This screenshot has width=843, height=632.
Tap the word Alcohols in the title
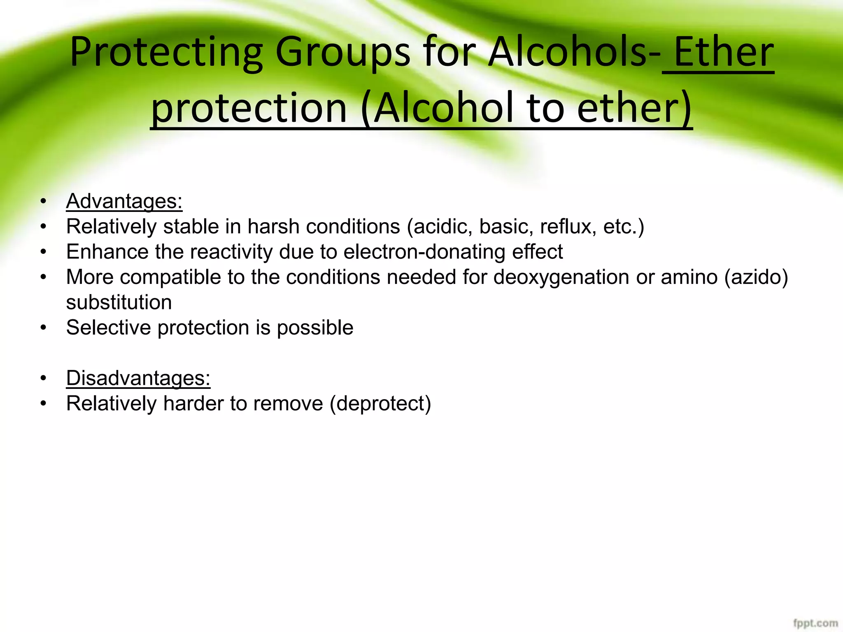pos(568,53)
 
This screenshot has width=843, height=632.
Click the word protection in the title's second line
pos(249,108)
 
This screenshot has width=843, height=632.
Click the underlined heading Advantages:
pos(124,202)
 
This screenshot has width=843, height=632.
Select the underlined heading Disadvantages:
pos(138,378)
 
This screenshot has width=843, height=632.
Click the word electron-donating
pos(424,252)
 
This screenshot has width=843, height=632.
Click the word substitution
pos(119,302)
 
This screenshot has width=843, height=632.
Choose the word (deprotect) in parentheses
pos(380,403)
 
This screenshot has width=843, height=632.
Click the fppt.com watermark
pos(815,623)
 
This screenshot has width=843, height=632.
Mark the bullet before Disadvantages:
pos(44,378)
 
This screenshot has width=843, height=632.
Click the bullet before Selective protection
pos(44,328)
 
